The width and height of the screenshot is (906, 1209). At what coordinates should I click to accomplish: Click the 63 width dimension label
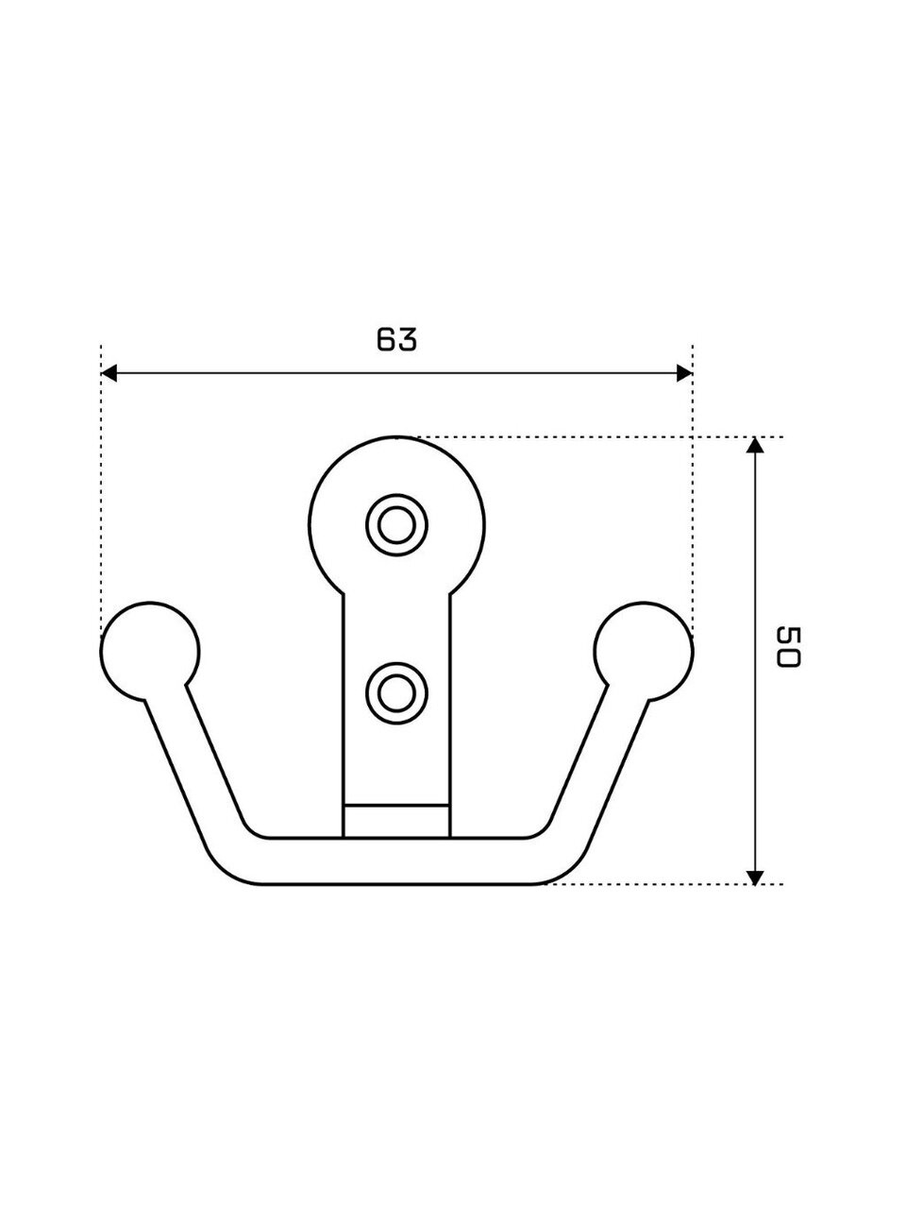396,339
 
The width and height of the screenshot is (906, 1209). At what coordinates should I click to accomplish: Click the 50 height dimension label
788,647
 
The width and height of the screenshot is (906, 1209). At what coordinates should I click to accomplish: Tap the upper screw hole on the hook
396,525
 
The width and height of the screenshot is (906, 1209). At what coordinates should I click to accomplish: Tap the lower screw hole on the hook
396,693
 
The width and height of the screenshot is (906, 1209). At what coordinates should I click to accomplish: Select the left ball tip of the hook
150,652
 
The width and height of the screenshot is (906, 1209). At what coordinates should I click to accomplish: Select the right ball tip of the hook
644,652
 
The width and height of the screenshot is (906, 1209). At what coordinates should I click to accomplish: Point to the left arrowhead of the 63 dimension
109,373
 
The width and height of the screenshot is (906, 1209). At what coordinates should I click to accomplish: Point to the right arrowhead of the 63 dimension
684,373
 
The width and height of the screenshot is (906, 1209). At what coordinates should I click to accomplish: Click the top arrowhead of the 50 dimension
755,445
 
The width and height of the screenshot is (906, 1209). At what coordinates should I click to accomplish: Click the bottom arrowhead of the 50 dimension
755,877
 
